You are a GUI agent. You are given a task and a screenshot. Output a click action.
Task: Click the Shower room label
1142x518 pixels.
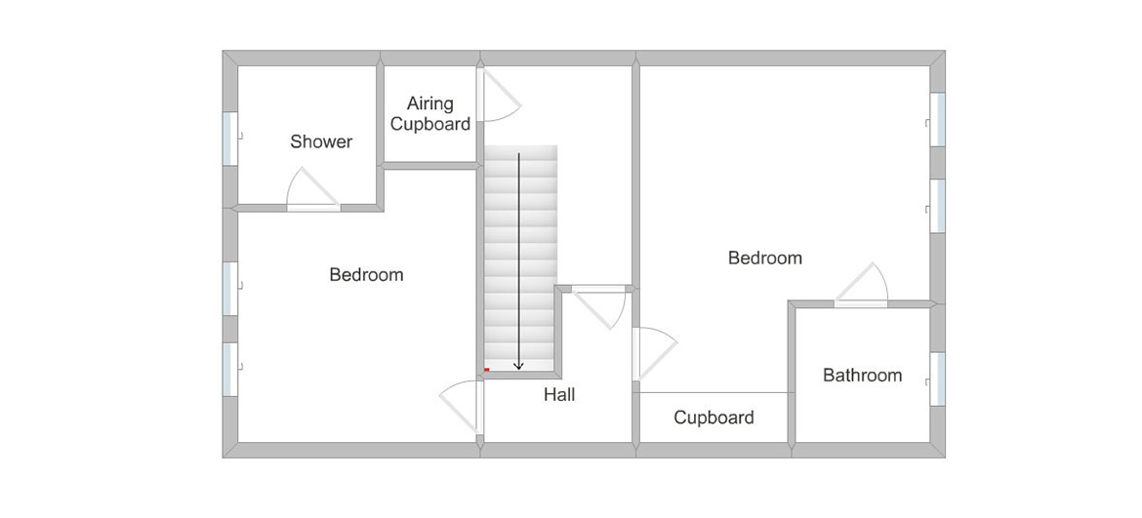[321, 141]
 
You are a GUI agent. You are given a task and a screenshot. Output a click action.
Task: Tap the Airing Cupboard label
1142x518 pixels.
[430, 114]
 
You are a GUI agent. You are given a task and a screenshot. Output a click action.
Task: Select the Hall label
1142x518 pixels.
[559, 395]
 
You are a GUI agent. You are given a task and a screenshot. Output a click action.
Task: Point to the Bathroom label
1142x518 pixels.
[862, 376]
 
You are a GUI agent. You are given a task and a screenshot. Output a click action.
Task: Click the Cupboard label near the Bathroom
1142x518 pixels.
[714, 418]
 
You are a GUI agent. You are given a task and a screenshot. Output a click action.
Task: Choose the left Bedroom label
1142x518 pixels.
[366, 275]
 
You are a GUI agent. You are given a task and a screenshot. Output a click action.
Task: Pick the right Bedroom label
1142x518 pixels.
[765, 258]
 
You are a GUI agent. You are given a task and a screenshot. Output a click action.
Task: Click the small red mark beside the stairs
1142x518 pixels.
[486, 370]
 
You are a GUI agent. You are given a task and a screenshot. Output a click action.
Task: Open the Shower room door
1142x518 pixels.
[312, 190]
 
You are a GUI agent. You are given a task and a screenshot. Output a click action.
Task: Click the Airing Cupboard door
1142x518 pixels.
[499, 96]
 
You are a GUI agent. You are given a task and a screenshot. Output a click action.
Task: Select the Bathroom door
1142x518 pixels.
[862, 285]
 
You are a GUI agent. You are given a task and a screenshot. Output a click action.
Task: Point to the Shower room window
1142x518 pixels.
[230, 139]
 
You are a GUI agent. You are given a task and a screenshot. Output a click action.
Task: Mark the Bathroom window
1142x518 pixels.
[938, 379]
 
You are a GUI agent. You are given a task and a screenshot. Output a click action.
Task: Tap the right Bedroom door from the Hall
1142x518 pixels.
[655, 353]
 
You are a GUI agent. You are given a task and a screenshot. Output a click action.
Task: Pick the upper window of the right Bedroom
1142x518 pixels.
[938, 120]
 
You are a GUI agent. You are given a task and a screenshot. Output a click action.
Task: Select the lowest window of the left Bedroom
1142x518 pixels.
[230, 370]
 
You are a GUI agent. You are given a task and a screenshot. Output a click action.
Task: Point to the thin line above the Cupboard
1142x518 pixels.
[714, 393]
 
